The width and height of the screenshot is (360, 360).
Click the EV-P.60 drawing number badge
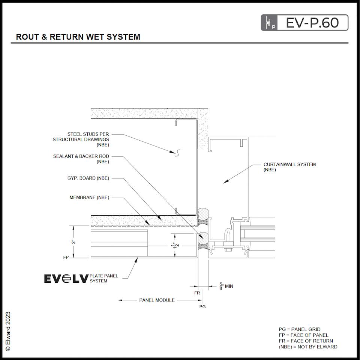(304, 22)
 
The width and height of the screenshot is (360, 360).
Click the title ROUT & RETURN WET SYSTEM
(78, 37)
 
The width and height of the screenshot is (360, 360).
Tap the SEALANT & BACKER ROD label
(81, 159)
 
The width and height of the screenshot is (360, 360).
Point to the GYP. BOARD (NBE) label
(85, 178)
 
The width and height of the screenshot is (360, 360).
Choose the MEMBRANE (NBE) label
(89, 198)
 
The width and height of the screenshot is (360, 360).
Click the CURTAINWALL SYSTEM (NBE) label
(289, 167)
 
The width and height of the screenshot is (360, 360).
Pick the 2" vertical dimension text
(74, 242)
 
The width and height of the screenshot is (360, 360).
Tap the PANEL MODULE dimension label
(157, 300)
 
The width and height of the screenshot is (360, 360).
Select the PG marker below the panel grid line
(202, 306)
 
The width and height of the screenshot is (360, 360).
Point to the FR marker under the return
(197, 293)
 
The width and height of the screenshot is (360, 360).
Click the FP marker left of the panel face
(66, 258)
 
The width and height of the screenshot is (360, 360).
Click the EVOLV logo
(66, 279)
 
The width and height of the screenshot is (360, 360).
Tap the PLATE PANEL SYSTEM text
(104, 278)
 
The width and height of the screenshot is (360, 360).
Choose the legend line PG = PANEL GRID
(299, 329)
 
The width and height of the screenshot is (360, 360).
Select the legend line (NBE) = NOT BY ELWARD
(308, 347)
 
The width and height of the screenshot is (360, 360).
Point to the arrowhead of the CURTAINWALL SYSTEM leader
(225, 183)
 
